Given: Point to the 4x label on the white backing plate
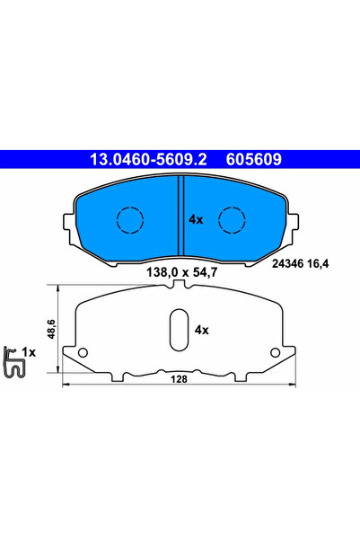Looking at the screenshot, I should (x=201, y=330).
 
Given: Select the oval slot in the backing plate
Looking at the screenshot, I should (x=178, y=329).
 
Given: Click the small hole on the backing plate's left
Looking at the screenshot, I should (x=83, y=351).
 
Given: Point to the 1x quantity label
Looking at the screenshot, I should (x=30, y=352).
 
